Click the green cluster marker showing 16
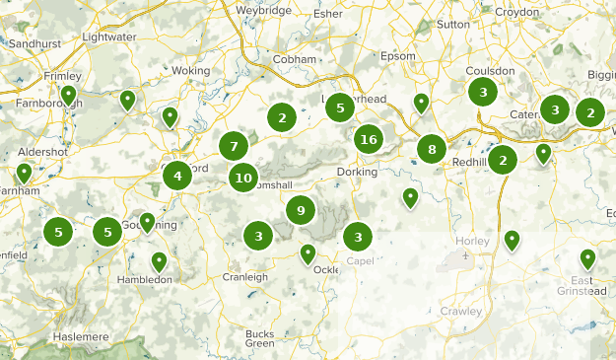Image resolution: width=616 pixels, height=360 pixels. pyautogui.click(x=369, y=139)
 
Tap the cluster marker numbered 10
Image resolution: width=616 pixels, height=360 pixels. pyautogui.click(x=243, y=178)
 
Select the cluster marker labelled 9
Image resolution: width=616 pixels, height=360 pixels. pyautogui.click(x=301, y=209)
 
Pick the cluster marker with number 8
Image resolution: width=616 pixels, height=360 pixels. pyautogui.click(x=432, y=149)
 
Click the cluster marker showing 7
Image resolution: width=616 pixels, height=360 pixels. pyautogui.click(x=234, y=147)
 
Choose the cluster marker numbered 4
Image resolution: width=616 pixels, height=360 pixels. pyautogui.click(x=177, y=177)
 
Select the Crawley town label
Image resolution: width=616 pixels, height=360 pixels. pyautogui.click(x=460, y=311)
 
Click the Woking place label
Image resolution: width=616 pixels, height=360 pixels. pyautogui.click(x=191, y=71)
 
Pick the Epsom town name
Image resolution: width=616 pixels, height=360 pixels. pyautogui.click(x=398, y=55)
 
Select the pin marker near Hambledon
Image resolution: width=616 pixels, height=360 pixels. pyautogui.click(x=159, y=261)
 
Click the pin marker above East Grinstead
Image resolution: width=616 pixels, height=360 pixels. pyautogui.click(x=588, y=258)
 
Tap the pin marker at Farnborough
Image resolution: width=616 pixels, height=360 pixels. pyautogui.click(x=68, y=95)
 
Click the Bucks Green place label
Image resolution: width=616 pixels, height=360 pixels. pyautogui.click(x=260, y=338)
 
